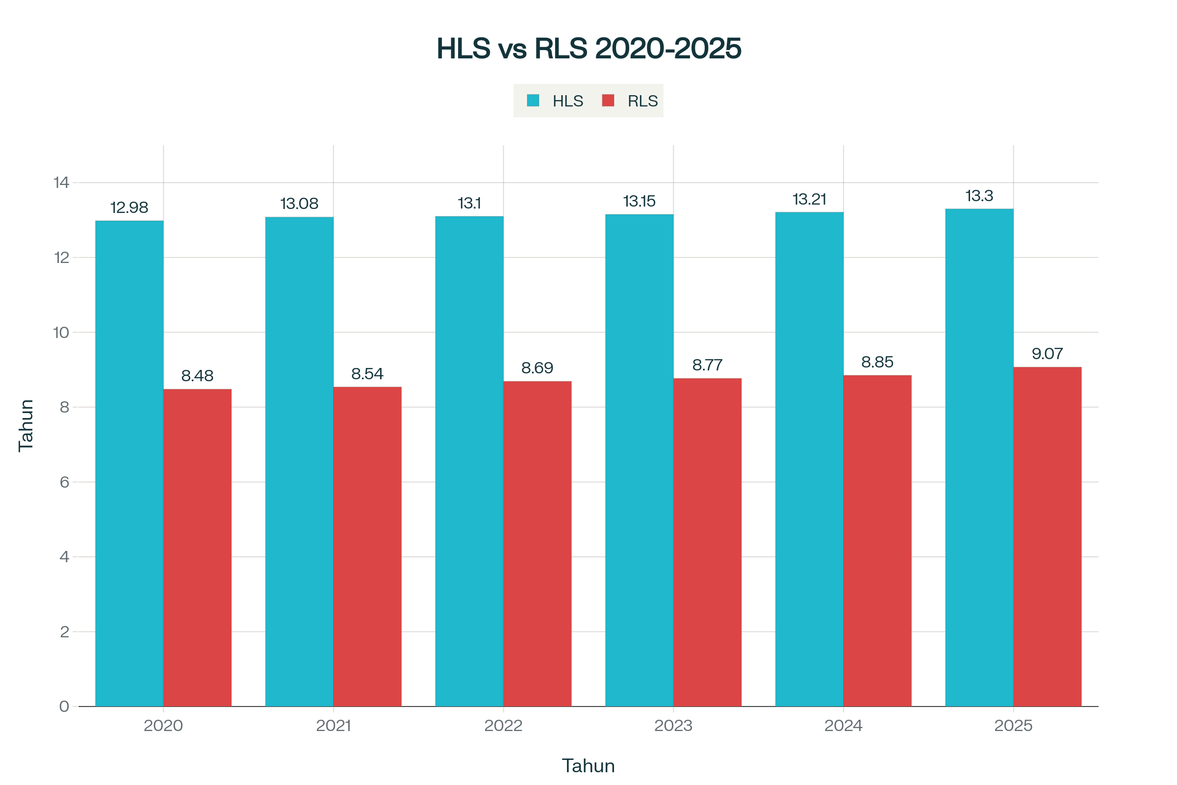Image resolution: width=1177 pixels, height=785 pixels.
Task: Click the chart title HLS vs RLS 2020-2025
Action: tap(588, 49)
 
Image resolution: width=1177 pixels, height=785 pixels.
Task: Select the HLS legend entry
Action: tap(556, 101)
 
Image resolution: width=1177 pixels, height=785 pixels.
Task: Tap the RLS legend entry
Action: tap(631, 101)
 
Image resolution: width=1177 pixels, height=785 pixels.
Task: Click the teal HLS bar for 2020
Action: tap(129, 463)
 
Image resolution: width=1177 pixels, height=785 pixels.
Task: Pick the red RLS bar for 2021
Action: tap(367, 547)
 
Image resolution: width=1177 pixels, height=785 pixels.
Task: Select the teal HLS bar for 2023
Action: tap(639, 460)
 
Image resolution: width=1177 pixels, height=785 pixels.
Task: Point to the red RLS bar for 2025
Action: tap(1048, 537)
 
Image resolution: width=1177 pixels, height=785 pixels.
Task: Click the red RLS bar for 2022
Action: tap(537, 544)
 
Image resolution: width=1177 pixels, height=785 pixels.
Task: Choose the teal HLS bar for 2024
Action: tap(809, 459)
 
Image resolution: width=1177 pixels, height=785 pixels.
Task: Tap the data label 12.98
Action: tap(129, 207)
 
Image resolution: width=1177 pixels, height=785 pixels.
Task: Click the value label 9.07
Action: tap(1048, 354)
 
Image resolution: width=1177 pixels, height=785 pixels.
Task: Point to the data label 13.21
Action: tap(809, 199)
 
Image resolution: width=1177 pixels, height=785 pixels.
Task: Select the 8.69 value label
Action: tap(537, 368)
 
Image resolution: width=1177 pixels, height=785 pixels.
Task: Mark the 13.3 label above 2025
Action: tap(979, 196)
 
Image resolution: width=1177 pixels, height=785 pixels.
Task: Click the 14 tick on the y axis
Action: tap(62, 182)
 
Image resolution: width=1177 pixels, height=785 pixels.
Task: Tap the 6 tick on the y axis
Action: tap(64, 482)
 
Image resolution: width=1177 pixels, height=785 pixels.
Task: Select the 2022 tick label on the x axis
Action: tap(504, 726)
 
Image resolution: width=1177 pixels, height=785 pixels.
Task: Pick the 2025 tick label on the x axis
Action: tap(1013, 726)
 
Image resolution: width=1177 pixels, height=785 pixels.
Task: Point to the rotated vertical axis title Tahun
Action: tap(26, 425)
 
